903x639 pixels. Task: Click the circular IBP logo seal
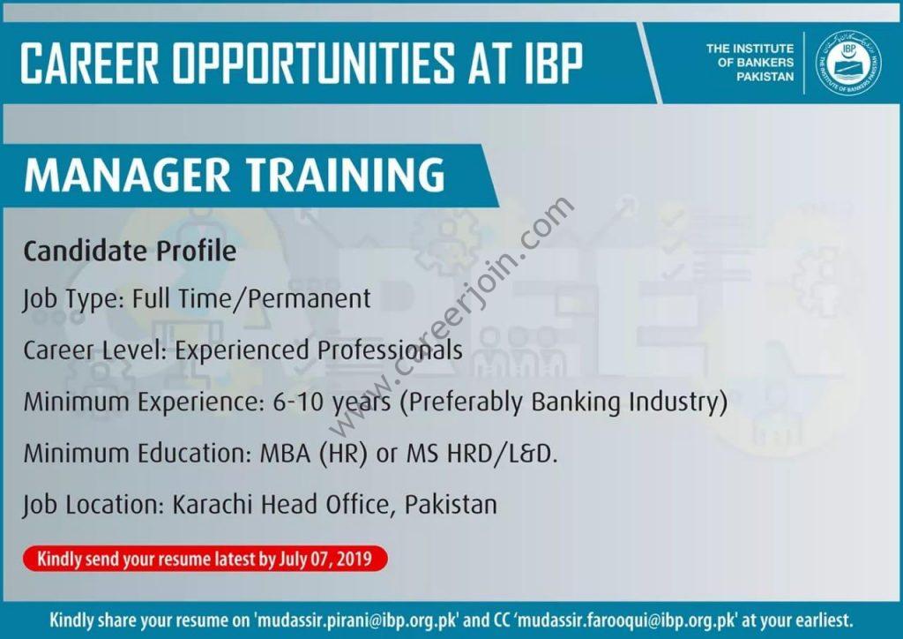[848, 63]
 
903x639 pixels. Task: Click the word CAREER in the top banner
[89, 63]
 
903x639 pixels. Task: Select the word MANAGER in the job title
[127, 174]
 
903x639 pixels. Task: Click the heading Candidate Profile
[130, 252]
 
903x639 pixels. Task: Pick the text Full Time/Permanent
[251, 299]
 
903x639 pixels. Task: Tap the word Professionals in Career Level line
[391, 350]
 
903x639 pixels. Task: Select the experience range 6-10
[300, 401]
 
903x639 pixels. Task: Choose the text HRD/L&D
[502, 453]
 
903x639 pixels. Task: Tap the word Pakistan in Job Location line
[451, 504]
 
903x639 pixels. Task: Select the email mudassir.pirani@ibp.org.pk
[358, 620]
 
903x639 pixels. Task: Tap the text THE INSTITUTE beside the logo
[750, 49]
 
